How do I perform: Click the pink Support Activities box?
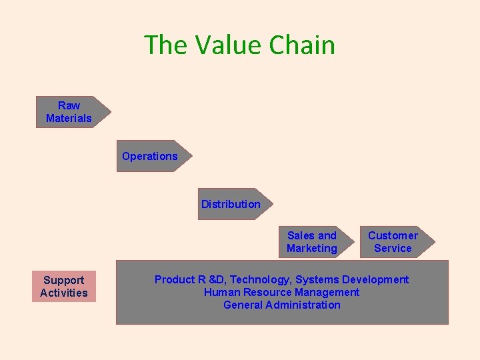point(64,287)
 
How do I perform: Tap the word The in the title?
point(167,45)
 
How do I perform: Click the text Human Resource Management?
point(281,292)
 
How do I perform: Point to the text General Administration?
point(281,305)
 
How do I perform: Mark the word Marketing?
point(312,249)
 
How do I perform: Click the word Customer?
point(393,235)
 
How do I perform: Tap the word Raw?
point(69,105)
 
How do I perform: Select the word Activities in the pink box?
point(64,293)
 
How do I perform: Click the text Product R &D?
point(189,280)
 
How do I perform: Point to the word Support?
point(64,280)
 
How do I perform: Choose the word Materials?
point(69,118)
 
